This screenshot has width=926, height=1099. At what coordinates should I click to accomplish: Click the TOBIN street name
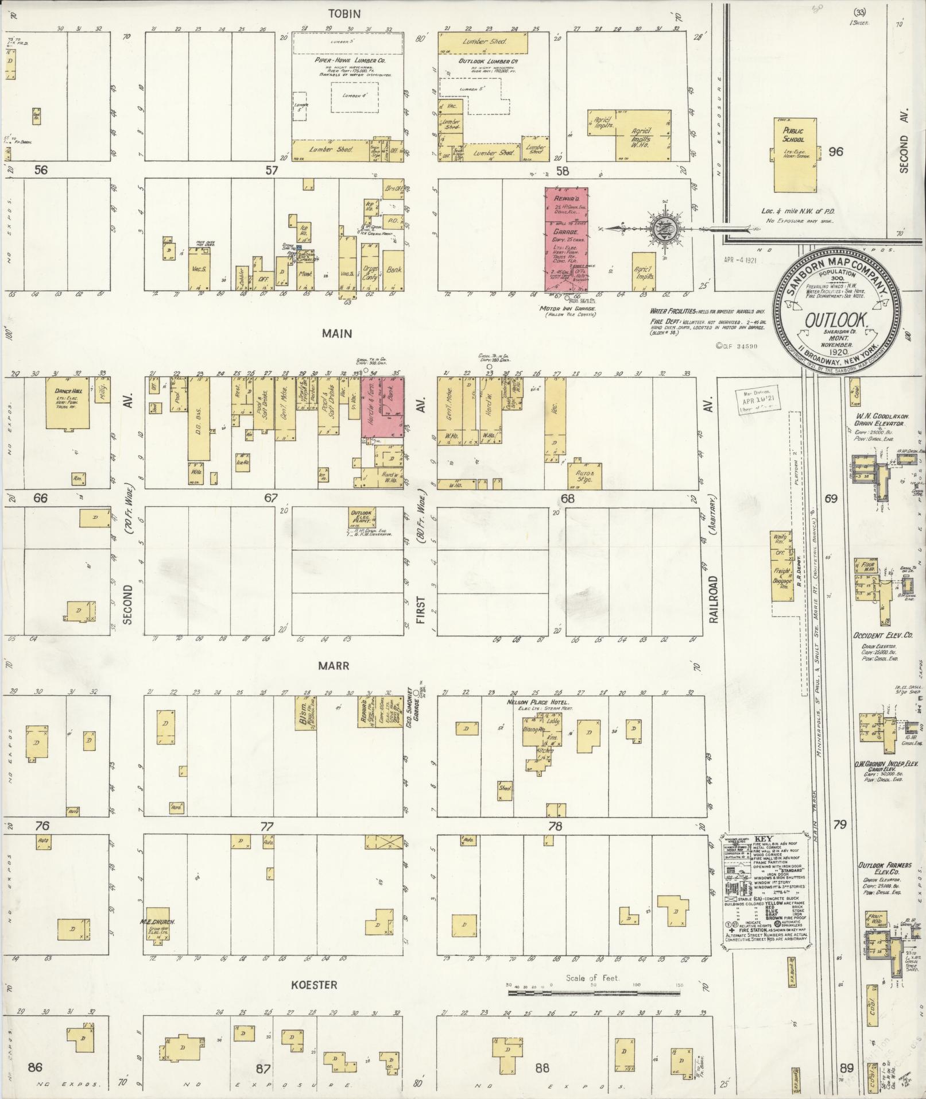344,14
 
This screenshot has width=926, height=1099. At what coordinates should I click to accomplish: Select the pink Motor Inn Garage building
566,238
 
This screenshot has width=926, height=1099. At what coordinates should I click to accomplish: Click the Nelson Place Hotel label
537,703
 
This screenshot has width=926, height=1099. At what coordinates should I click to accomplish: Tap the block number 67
271,498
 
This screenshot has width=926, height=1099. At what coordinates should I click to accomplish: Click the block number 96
836,152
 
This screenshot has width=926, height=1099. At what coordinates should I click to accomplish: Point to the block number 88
542,1068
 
